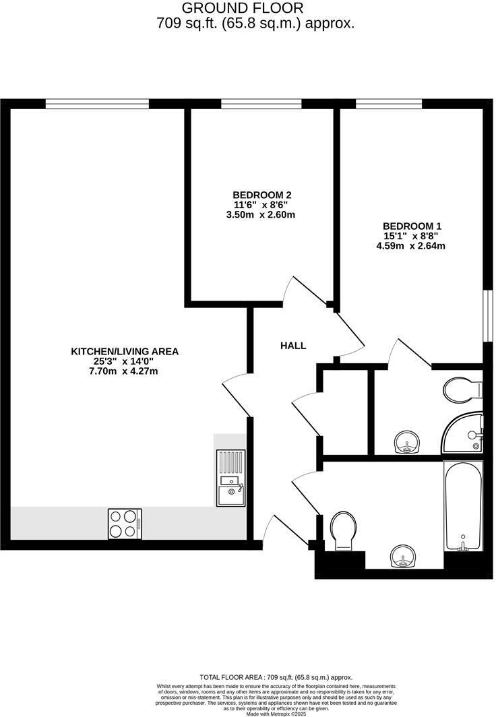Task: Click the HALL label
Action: [x=293, y=346]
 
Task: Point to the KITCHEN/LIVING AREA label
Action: [x=125, y=351]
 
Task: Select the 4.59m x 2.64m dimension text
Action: [x=410, y=246]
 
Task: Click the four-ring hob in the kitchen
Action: [x=124, y=523]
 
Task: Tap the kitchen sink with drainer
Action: [x=230, y=478]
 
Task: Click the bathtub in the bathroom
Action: [x=463, y=505]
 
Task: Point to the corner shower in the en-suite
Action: [x=465, y=433]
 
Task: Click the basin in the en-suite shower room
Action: [x=406, y=443]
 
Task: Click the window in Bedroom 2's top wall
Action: [x=261, y=104]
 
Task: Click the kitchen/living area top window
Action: [x=97, y=104]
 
